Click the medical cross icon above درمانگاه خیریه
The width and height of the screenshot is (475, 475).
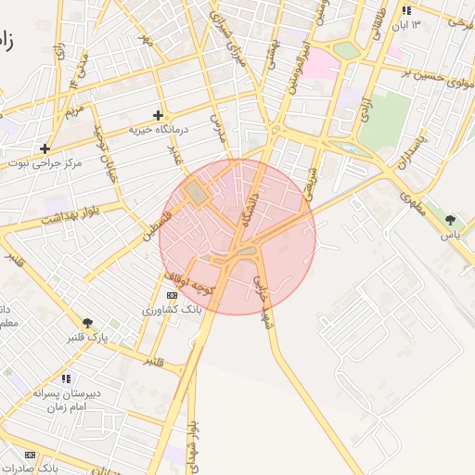[159, 115]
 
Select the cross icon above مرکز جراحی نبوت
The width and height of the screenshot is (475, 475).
[45, 148]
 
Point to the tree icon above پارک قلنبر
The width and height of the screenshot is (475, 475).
[87, 322]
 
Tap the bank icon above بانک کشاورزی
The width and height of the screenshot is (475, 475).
[170, 294]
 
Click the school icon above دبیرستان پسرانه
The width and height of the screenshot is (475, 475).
[66, 379]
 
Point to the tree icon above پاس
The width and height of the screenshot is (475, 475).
[450, 220]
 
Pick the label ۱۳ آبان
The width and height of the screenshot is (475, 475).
[428, 24]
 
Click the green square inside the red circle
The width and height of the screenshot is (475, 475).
[196, 194]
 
